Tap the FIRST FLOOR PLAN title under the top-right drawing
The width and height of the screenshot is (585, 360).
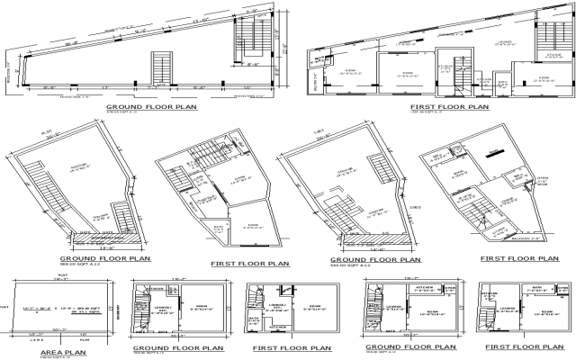446,106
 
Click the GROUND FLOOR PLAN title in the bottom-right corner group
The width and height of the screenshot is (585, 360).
407,345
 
